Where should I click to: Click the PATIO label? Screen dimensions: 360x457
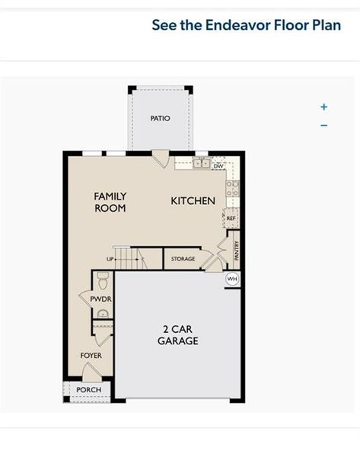click(160, 118)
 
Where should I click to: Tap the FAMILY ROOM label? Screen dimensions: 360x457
click(110, 202)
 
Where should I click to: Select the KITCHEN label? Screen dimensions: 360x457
click(193, 201)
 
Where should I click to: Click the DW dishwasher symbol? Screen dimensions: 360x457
click(218, 166)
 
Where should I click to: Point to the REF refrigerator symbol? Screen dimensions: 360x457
click(231, 218)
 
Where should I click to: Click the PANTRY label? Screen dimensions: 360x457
click(237, 251)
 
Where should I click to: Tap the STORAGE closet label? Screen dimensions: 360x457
click(183, 259)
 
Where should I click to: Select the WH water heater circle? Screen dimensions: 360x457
click(232, 279)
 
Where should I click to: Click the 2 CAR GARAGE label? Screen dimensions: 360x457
click(178, 335)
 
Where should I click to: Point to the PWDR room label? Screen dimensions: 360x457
click(100, 299)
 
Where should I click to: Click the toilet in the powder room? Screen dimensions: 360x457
click(103, 280)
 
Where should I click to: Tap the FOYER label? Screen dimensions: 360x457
click(91, 356)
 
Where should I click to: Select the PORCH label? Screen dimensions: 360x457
click(89, 390)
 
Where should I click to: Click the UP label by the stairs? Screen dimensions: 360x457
click(110, 259)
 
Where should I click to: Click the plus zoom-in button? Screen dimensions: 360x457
click(324, 107)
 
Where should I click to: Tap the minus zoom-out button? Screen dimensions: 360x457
click(324, 126)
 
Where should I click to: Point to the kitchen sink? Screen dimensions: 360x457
click(202, 163)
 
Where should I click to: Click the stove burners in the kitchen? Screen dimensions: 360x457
click(233, 189)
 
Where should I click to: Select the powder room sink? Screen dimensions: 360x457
click(103, 314)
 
